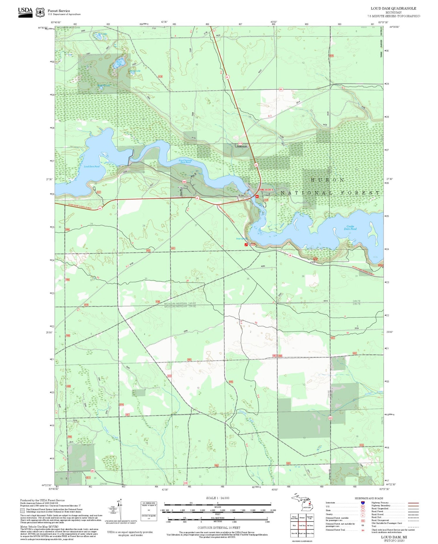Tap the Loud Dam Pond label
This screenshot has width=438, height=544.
[92, 167]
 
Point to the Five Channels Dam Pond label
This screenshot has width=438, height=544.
[185, 161]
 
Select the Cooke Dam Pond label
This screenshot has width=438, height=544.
[350, 228]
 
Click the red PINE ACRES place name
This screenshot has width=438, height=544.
[267, 190]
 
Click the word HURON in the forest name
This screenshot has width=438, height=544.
[327, 180]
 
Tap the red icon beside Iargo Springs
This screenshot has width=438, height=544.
[246, 245]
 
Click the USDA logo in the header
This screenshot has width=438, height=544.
[25, 12]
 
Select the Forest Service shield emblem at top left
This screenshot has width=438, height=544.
[40, 13]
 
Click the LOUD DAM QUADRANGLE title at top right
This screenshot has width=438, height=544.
[393, 8]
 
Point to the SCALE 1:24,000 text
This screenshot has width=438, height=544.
[218, 498]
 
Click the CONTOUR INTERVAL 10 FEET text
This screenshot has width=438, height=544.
[219, 528]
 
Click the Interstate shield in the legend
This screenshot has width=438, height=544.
[362, 503]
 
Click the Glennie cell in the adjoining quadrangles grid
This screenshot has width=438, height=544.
[302, 517]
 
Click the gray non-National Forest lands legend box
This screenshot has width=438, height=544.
[22, 510]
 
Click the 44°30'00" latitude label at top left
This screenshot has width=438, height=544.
[43, 27]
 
